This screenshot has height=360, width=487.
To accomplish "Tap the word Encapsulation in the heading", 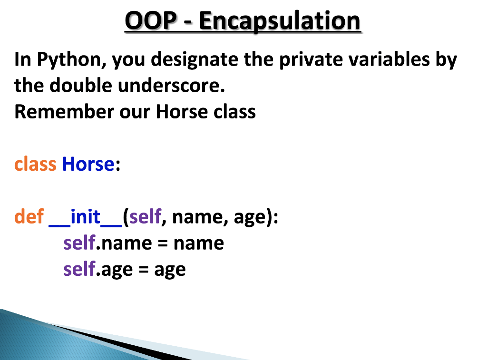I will pyautogui.click(x=280, y=21).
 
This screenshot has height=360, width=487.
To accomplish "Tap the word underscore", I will pyautogui.click(x=169, y=86).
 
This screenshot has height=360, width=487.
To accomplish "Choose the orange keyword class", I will pyautogui.click(x=35, y=164).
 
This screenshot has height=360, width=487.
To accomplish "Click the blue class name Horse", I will pyautogui.click(x=88, y=164).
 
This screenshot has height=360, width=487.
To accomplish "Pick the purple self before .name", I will pyautogui.click(x=79, y=243).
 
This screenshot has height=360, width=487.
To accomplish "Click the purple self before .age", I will pyautogui.click(x=79, y=269).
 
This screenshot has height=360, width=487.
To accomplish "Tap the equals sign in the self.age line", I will pyautogui.click(x=144, y=270).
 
